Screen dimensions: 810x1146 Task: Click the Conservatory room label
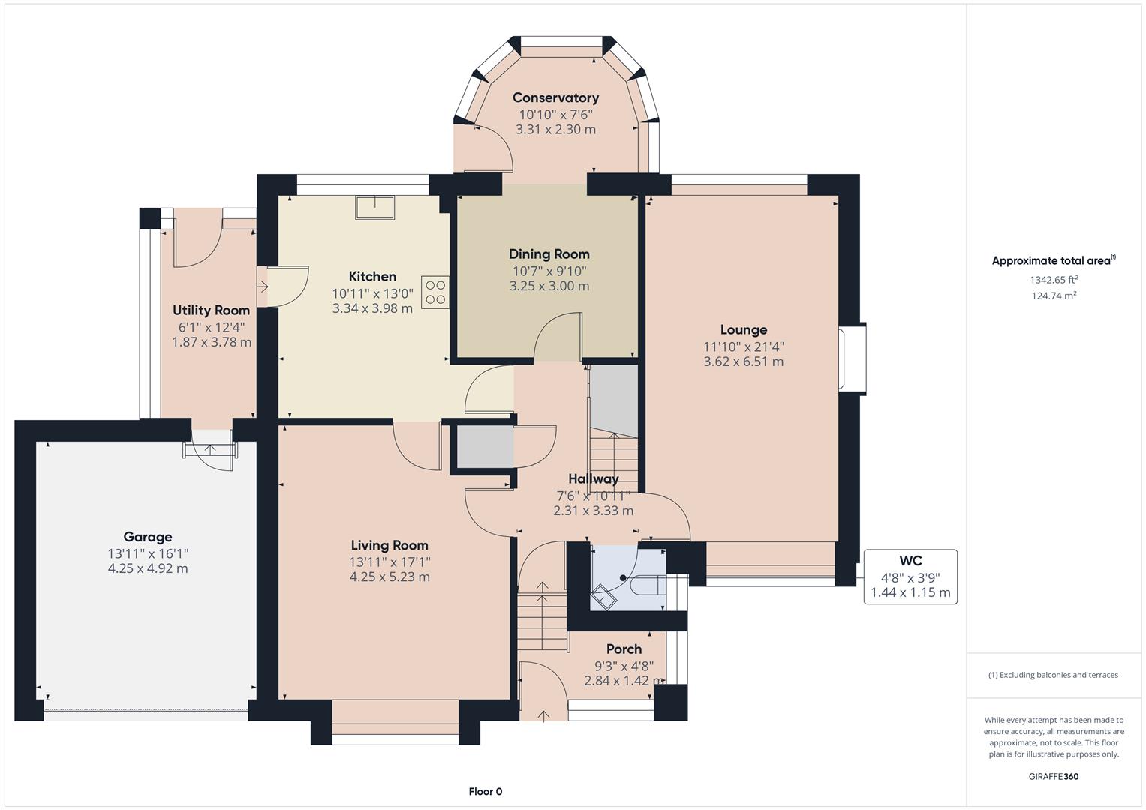coord(555,97)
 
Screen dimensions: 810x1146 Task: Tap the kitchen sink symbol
coord(375,208)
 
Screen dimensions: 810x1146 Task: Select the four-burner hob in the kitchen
coord(435,292)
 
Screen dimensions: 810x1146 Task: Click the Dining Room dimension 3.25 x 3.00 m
coord(549,286)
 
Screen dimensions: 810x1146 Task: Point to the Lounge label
coord(743,329)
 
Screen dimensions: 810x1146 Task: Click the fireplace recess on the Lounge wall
coord(852,359)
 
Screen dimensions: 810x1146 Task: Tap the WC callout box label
coord(910,561)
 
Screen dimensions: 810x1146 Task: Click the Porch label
coord(624,649)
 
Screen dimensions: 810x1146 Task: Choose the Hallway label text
coord(593,479)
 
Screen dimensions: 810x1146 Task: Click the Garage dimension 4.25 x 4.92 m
coord(148,568)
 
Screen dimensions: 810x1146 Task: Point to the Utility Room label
coord(211,310)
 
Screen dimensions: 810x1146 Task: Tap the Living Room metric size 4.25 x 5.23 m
coord(390,577)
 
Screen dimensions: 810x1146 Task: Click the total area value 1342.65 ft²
coord(1054,280)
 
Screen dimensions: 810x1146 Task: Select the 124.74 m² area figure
coord(1054,295)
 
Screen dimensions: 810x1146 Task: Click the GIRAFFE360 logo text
coord(1054,776)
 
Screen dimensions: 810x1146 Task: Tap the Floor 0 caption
coord(485,791)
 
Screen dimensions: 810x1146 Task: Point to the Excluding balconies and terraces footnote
coord(1053,675)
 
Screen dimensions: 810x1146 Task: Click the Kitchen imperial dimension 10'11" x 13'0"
coord(372,293)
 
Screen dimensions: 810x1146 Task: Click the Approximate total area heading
coord(1053,261)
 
